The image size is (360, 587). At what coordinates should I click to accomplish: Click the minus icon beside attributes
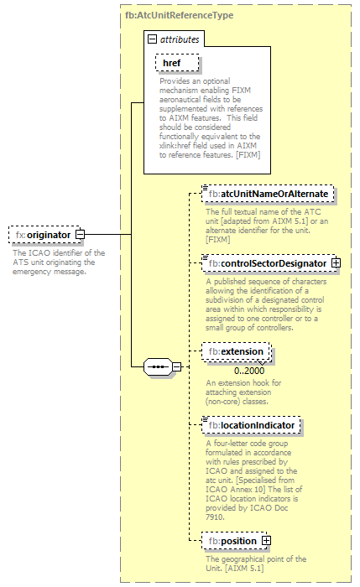[152, 39]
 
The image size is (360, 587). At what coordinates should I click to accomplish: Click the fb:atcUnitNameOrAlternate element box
[268, 194]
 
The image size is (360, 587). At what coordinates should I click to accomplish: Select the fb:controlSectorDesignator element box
[267, 263]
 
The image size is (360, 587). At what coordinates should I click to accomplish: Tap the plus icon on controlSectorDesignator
[337, 263]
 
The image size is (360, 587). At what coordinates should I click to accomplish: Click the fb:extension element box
[237, 351]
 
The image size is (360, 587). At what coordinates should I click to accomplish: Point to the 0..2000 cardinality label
[250, 371]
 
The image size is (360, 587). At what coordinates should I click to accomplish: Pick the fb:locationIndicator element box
[252, 426]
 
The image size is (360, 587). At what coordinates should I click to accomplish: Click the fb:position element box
[232, 541]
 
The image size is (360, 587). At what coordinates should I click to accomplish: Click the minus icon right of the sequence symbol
[177, 366]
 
